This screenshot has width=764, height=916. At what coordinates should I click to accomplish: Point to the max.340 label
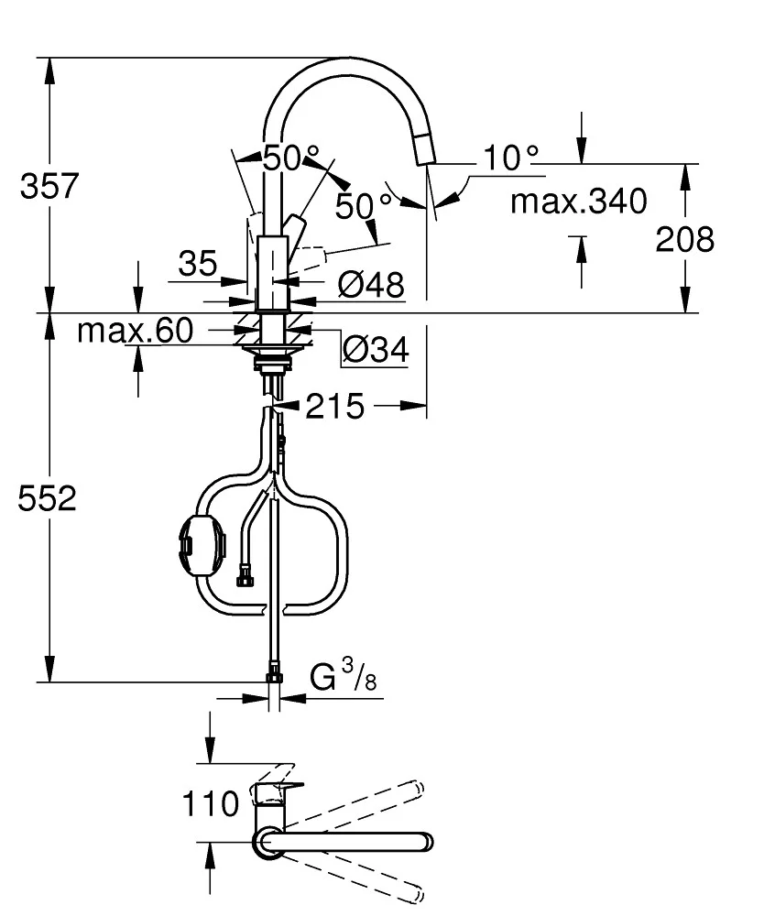(x=578, y=201)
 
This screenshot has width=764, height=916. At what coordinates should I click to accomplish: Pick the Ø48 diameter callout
(x=370, y=286)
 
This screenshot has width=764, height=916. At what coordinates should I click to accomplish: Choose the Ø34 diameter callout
(x=375, y=348)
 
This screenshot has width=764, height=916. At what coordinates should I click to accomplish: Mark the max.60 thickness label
(x=135, y=331)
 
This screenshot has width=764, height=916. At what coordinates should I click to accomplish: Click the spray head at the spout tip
(x=426, y=147)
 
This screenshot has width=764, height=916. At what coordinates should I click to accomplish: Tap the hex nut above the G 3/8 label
(x=274, y=676)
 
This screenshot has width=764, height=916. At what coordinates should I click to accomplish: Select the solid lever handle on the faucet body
(x=295, y=227)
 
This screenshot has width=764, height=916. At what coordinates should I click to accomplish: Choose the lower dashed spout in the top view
(x=366, y=870)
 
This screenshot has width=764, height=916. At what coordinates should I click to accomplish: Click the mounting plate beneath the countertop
(x=272, y=349)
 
